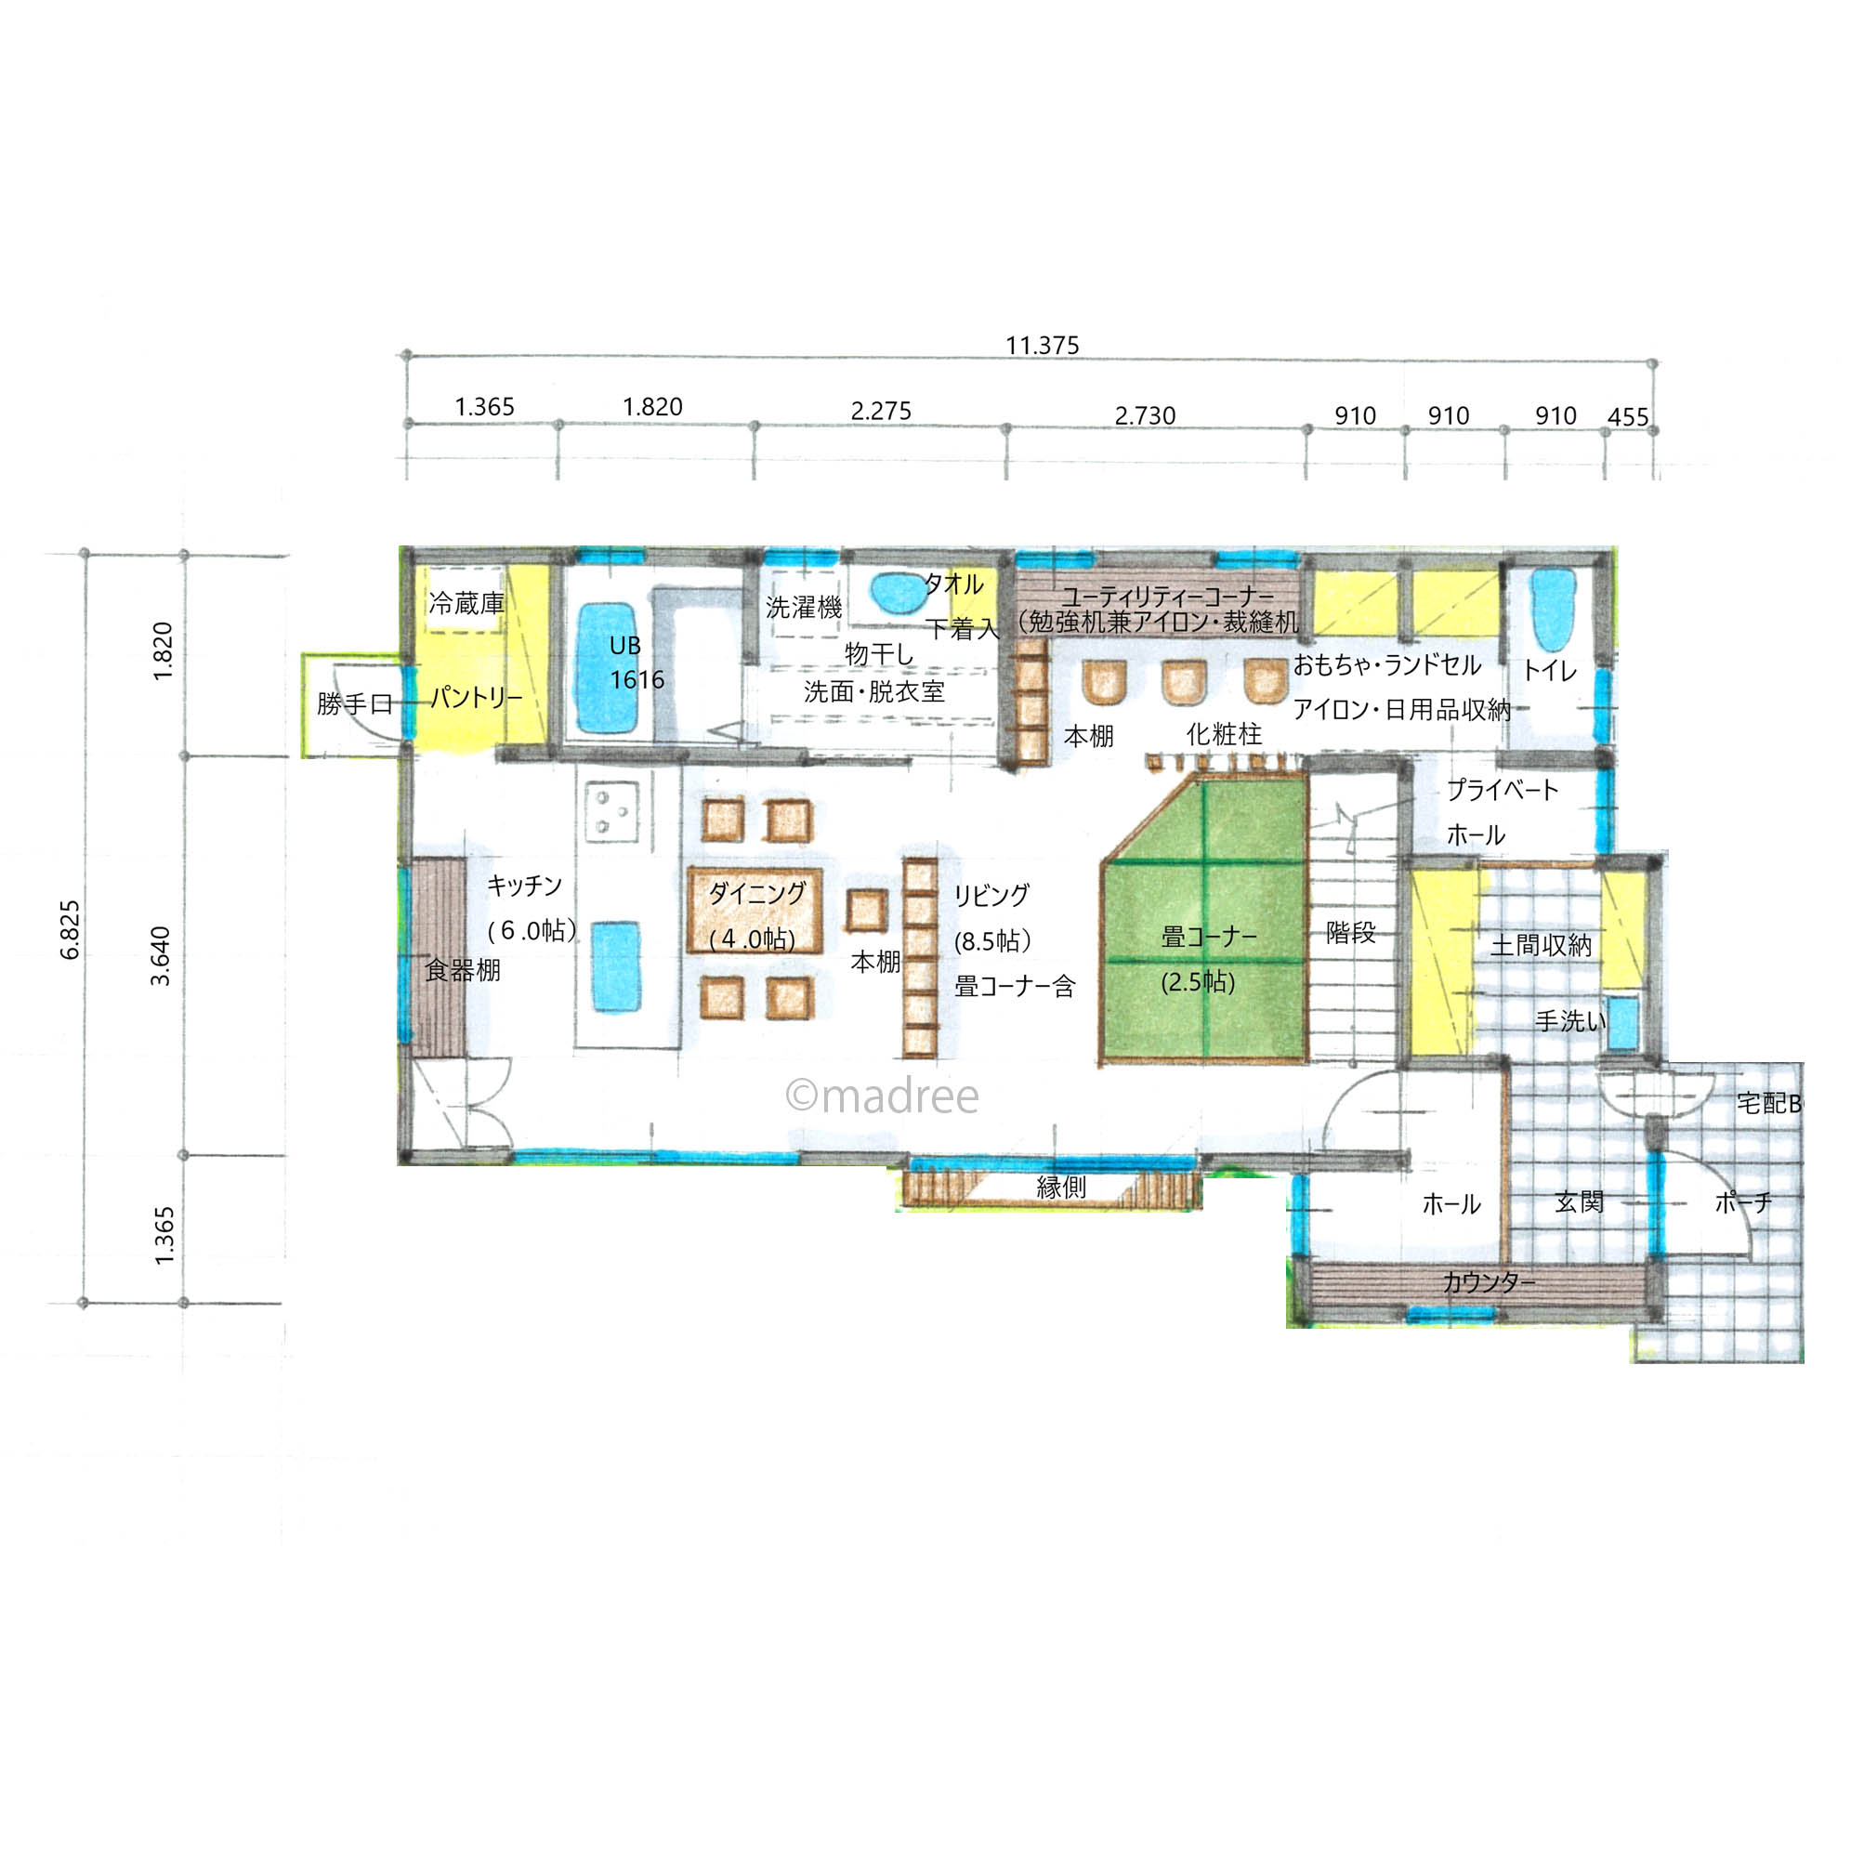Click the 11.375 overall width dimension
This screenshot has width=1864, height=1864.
[x=1042, y=346]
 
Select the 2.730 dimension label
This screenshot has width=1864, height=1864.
[x=1145, y=416]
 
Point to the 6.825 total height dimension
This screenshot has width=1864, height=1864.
[x=71, y=930]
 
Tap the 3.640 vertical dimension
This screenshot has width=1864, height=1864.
[x=160, y=955]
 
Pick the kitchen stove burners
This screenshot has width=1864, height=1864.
[x=611, y=810]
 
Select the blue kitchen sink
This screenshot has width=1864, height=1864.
[x=615, y=965]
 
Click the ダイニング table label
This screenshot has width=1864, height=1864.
[x=756, y=892]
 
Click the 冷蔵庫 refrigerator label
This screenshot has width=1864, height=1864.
[x=466, y=604]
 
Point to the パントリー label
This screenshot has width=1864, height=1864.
[x=477, y=697]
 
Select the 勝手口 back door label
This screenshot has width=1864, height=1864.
[x=355, y=704]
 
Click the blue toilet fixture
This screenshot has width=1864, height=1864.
[x=1554, y=609]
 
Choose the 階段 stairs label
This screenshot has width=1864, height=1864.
[x=1351, y=933]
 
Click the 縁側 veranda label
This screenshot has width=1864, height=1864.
[x=1061, y=1188]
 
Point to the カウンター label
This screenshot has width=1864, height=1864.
[x=1489, y=1282]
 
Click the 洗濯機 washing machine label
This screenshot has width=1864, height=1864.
[x=804, y=607]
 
